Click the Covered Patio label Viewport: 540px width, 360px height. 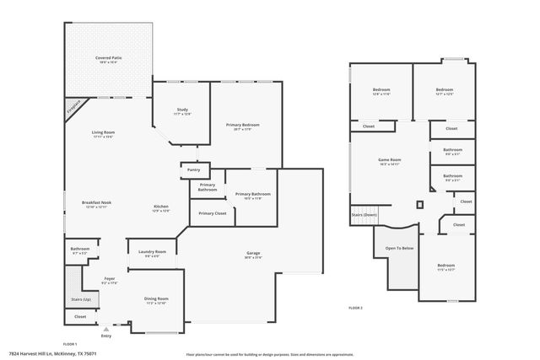click(x=109, y=58)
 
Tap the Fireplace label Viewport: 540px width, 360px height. click(x=74, y=107)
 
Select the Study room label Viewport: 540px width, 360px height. click(x=182, y=110)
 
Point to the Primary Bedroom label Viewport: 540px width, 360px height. click(x=242, y=125)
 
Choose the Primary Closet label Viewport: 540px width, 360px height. click(x=213, y=213)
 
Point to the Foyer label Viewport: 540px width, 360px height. click(x=110, y=278)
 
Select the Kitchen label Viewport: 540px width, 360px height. click(x=160, y=207)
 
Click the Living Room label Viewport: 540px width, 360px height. click(x=103, y=132)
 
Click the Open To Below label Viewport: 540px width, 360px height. click(x=399, y=249)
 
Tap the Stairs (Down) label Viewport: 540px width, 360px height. click(x=364, y=215)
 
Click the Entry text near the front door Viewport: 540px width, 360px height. click(x=105, y=335)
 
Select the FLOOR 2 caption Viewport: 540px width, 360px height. click(x=355, y=309)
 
